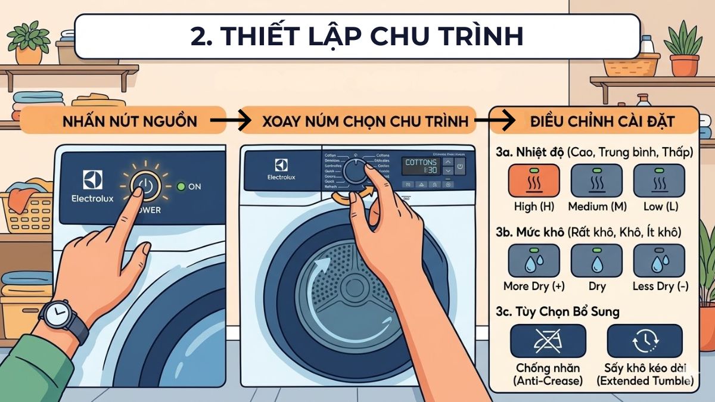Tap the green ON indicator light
pos(181,186)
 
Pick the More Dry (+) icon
pos(533,261)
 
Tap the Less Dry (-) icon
pos(658,261)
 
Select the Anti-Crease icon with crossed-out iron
pos(548,341)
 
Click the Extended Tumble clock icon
pos(644,341)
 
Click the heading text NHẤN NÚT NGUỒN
pos(129,121)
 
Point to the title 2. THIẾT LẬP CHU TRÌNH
pos(357,36)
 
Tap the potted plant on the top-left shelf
pos(29,43)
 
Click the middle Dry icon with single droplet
pos(596,261)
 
